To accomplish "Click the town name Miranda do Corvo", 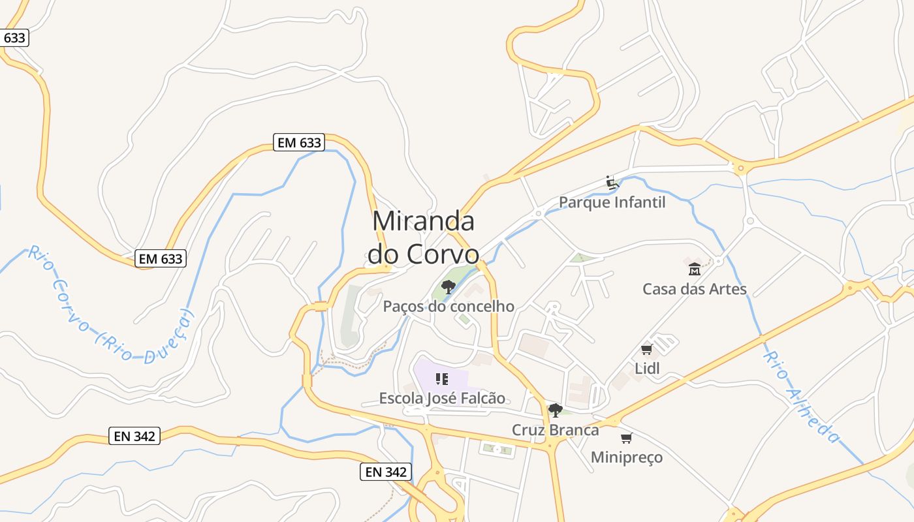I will pyautogui.click(x=423, y=238).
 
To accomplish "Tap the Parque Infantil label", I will pyautogui.click(x=612, y=202).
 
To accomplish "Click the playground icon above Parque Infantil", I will pyautogui.click(x=612, y=183).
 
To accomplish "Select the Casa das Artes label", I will pyautogui.click(x=694, y=288).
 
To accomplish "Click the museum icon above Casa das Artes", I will pyautogui.click(x=694, y=269).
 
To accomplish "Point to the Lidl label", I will pyautogui.click(x=647, y=369).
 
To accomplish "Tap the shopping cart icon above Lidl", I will pyautogui.click(x=647, y=349).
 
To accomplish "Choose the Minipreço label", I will pyautogui.click(x=626, y=457).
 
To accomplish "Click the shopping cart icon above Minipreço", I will pyautogui.click(x=626, y=438).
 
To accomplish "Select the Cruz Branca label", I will pyautogui.click(x=555, y=430).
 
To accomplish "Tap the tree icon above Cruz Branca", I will pyautogui.click(x=555, y=410).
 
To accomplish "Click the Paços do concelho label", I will pyautogui.click(x=449, y=306).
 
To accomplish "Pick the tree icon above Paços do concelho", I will pyautogui.click(x=448, y=286).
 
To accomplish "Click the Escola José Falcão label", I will pyautogui.click(x=442, y=398).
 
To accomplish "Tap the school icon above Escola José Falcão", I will pyautogui.click(x=442, y=378).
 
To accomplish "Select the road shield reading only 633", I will pyautogui.click(x=14, y=38).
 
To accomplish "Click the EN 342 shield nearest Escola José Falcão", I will pyautogui.click(x=386, y=472).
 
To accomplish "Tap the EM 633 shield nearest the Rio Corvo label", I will pyautogui.click(x=161, y=258).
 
